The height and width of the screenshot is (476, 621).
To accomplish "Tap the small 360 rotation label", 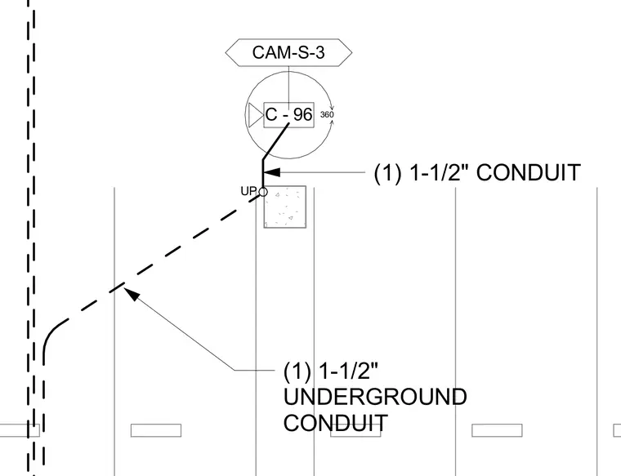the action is (x=327, y=115).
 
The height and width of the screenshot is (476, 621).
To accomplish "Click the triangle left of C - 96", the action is (x=256, y=115).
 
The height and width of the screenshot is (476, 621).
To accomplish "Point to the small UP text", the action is (x=248, y=191).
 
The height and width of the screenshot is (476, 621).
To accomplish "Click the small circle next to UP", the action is (x=263, y=192).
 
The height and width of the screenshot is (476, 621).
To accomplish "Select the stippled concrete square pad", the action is (x=285, y=207).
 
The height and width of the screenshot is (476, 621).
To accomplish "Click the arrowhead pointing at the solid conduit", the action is (x=271, y=172).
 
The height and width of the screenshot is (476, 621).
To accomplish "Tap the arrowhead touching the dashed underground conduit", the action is (x=132, y=294).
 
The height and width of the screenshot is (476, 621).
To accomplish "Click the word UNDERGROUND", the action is (x=375, y=397).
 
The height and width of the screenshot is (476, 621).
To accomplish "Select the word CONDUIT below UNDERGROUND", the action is (x=336, y=423).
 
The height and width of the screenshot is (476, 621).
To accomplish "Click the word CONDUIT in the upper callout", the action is (x=529, y=173).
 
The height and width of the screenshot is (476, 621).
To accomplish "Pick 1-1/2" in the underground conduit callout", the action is (x=348, y=371).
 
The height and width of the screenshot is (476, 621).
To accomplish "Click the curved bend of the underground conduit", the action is (x=51, y=336).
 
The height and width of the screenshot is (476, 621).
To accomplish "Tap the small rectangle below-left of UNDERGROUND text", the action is (x=156, y=430).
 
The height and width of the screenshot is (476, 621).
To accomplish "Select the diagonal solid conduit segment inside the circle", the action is (x=276, y=141).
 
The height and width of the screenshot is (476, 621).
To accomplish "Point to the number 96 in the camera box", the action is (x=303, y=115).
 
